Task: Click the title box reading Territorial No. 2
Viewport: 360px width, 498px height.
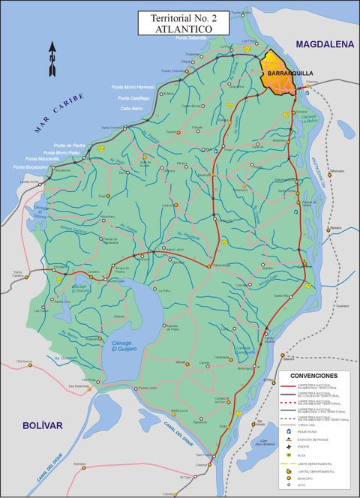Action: (180, 22)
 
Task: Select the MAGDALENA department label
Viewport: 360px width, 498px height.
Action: (324, 45)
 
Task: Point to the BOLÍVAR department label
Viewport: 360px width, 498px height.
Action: (42, 425)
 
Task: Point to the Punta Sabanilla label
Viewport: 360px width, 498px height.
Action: (191, 37)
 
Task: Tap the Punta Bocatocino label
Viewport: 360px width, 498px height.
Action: (47, 166)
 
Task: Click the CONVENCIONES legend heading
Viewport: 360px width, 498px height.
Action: (313, 375)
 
